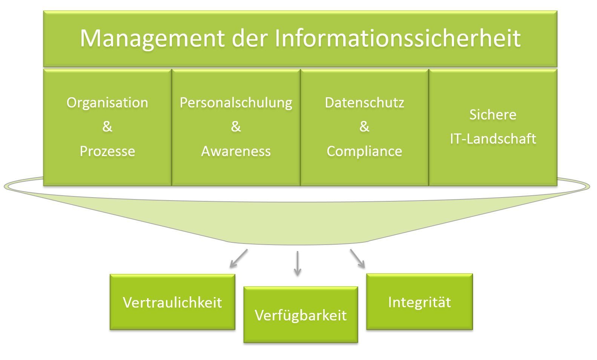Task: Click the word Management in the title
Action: [152, 39]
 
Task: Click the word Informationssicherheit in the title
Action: [397, 38]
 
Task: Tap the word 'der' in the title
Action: [250, 38]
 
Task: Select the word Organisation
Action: [107, 103]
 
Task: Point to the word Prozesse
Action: [107, 151]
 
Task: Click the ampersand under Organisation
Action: [107, 127]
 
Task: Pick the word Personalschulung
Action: [236, 103]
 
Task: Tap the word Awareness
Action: [236, 152]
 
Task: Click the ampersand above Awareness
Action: [236, 127]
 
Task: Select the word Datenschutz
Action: [364, 103]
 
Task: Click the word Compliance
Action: [364, 152]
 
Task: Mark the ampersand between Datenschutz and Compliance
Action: [364, 127]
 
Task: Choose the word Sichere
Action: [493, 115]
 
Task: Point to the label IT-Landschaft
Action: [493, 139]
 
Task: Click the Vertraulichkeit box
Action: [172, 302]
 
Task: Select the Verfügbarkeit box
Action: [301, 314]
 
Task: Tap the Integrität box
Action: [419, 302]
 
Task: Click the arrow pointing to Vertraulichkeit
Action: [239, 258]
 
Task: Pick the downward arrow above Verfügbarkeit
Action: [298, 263]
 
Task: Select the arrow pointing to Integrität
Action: [358, 259]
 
